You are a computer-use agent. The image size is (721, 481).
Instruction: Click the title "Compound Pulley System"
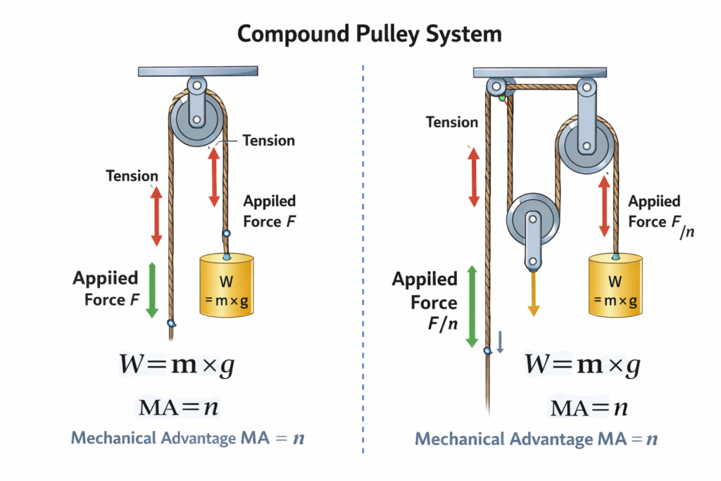pyautogui.click(x=360, y=33)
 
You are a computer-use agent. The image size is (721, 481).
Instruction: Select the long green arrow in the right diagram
pyautogui.click(x=472, y=307)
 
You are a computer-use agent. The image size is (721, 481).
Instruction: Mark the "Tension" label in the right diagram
pyautogui.click(x=452, y=123)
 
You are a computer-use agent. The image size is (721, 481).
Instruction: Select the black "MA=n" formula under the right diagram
pyautogui.click(x=589, y=408)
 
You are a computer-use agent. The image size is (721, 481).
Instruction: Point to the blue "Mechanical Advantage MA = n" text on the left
pyautogui.click(x=188, y=438)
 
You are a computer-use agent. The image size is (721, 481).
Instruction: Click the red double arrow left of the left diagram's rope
pyautogui.click(x=156, y=218)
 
